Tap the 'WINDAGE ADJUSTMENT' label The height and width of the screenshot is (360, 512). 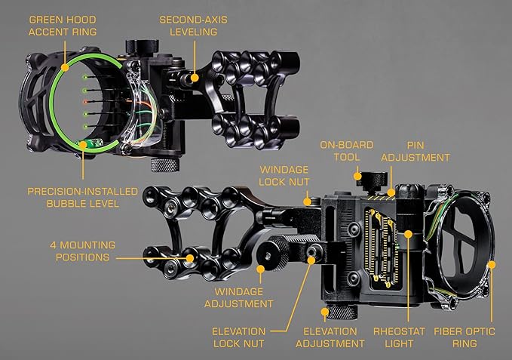pos(243,297)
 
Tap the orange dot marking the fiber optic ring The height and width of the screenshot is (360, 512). pos(491,264)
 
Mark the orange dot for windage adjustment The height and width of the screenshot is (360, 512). pos(260,267)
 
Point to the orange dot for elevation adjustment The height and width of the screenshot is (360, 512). pos(325,310)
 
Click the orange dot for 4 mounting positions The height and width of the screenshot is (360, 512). pos(189,257)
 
